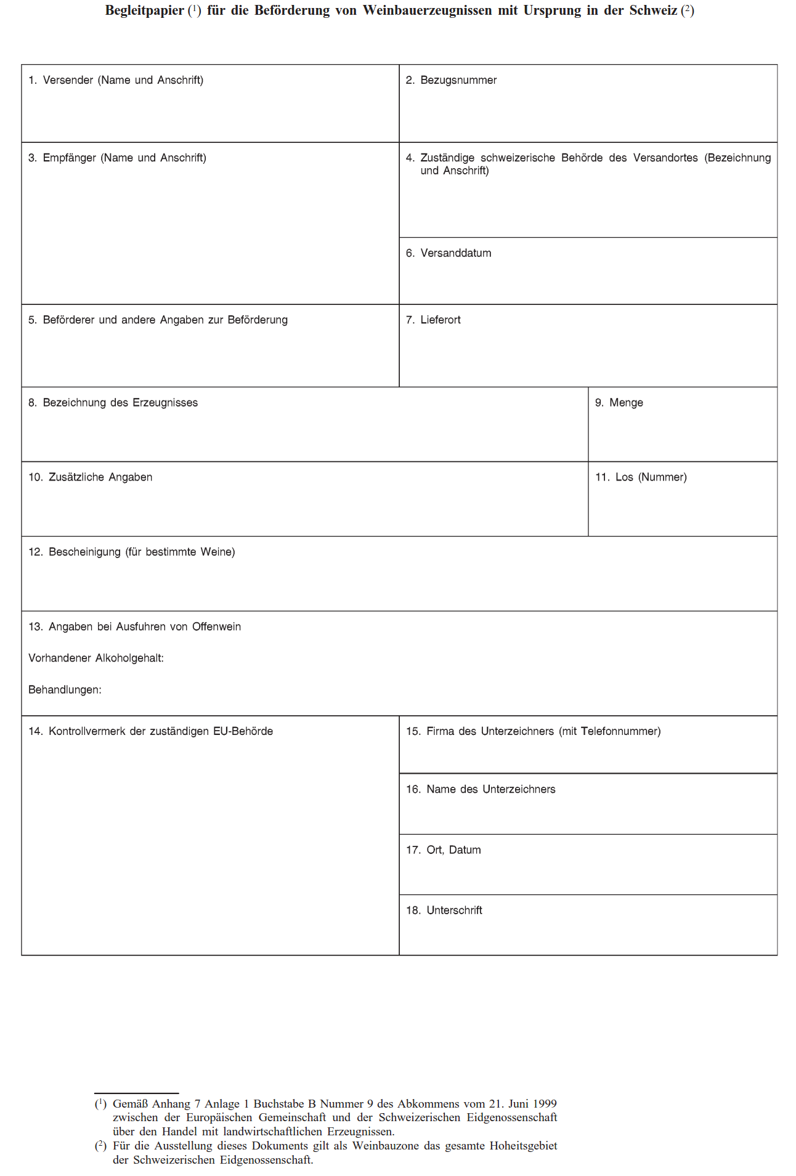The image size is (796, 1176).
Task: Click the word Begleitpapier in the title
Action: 144,10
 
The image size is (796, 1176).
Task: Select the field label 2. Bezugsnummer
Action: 451,80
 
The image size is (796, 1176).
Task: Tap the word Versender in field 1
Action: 68,80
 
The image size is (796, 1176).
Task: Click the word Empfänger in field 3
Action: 69,158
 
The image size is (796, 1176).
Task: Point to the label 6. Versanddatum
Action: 449,253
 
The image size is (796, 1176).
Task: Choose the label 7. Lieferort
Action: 433,320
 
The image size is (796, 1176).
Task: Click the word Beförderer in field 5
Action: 69,320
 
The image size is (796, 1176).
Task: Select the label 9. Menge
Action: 619,403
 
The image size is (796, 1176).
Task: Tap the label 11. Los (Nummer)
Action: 641,477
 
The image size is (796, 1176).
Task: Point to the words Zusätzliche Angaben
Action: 100,477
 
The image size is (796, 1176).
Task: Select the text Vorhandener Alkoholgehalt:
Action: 96,658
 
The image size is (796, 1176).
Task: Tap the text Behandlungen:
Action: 65,690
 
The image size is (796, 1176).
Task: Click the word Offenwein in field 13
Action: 216,627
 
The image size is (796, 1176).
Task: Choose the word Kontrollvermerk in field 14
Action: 87,731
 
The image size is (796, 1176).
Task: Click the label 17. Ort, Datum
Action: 443,850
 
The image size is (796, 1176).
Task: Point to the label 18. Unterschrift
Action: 444,910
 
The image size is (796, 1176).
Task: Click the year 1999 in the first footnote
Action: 545,1103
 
